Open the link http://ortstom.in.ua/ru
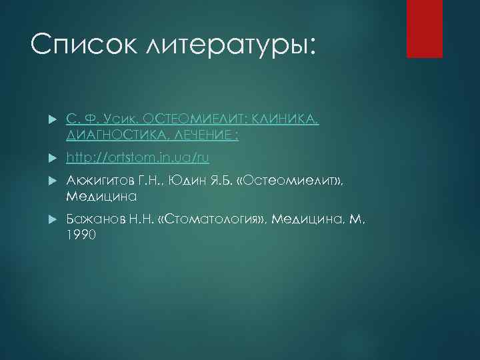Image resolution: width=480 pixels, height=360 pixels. point(138,158)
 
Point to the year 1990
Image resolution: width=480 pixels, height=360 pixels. point(81,235)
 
